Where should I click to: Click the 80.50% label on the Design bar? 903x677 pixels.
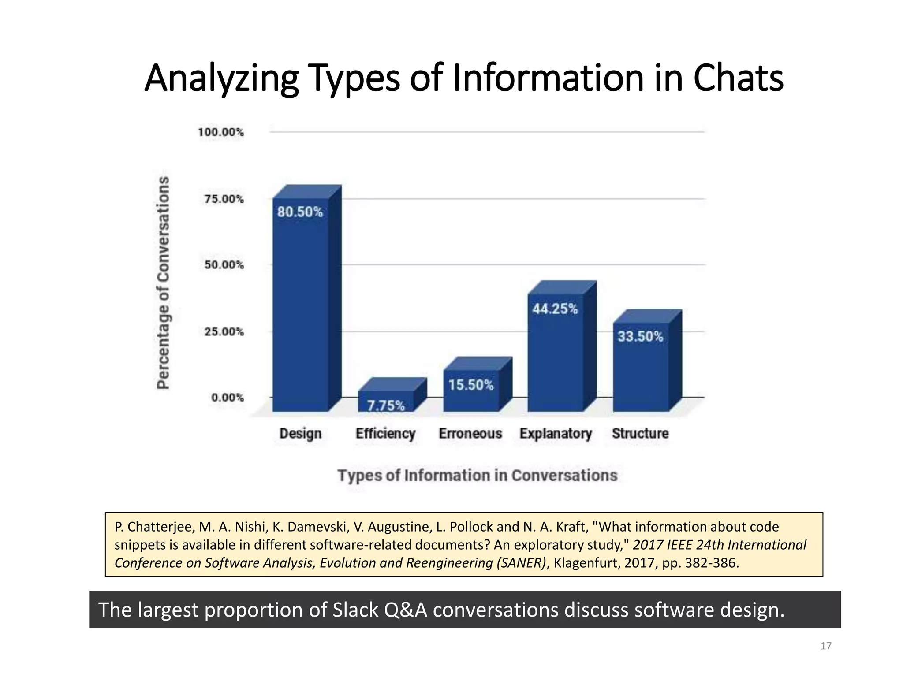pos(300,212)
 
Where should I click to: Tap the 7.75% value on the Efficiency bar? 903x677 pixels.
pos(386,405)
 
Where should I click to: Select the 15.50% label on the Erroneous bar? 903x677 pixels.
pos(471,385)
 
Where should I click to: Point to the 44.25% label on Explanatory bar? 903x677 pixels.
pos(555,309)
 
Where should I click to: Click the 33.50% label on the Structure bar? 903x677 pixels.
pos(640,337)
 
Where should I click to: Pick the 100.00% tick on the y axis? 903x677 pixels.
pos(221,132)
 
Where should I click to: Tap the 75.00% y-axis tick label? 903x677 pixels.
pos(224,199)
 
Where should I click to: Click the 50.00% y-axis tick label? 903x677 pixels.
pos(224,265)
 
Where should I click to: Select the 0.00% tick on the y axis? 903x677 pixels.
pos(228,398)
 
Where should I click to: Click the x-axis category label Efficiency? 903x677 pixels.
pos(385,434)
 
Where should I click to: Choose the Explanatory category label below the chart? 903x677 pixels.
pos(556,434)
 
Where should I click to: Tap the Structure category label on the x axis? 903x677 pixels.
pos(640,434)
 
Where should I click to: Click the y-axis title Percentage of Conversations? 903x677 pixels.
pos(164,283)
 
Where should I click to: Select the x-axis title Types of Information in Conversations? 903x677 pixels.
pos(478,476)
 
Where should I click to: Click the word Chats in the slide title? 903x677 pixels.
pos(738,78)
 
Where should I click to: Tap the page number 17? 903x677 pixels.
pos(826,646)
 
